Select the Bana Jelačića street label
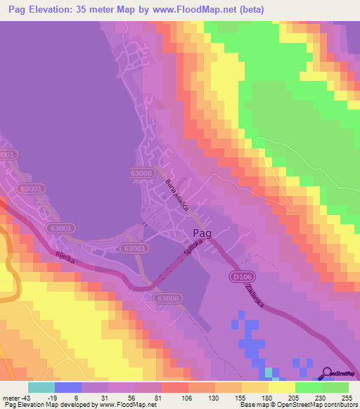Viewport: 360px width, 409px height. [177, 195]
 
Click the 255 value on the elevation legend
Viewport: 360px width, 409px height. [344, 397]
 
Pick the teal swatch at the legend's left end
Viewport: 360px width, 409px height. [41, 387]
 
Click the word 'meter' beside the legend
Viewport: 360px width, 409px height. [11, 397]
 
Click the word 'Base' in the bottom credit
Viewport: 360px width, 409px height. [247, 405]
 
